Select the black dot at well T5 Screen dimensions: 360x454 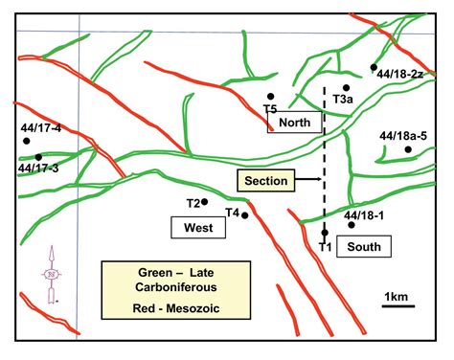pos(272,97)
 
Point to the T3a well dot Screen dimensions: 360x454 pos(346,88)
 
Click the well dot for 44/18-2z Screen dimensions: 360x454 pos(375,67)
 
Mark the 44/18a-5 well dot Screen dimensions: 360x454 pos(407,150)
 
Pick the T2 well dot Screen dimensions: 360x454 pos(205,202)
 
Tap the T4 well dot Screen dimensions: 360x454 pos(245,215)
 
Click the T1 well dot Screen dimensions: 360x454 pos(326,233)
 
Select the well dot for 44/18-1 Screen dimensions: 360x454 pos(352,227)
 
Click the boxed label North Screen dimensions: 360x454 pos(295,123)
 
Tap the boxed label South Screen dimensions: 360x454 pos(363,247)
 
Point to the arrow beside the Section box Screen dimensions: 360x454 pos(305,179)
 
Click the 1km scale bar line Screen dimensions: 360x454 pos(398,306)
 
